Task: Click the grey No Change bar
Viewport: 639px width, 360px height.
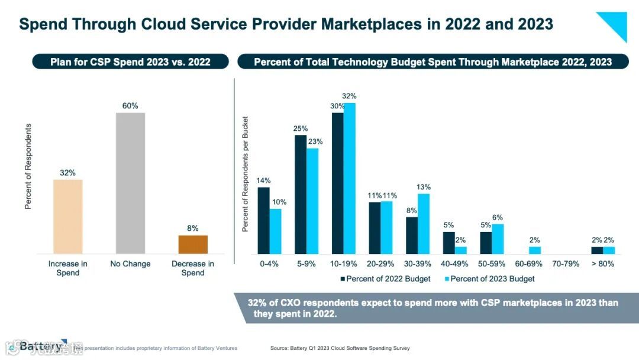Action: pyautogui.click(x=130, y=183)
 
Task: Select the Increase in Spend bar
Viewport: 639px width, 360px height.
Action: pyautogui.click(x=68, y=217)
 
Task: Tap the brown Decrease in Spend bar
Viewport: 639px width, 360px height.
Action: pyautogui.click(x=193, y=245)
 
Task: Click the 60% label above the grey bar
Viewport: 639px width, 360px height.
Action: pyautogui.click(x=130, y=106)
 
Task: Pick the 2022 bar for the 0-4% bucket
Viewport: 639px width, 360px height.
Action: pyautogui.click(x=263, y=220)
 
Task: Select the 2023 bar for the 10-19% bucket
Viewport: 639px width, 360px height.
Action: pyautogui.click(x=350, y=178)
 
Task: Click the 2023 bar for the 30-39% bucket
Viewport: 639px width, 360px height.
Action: pyautogui.click(x=424, y=224)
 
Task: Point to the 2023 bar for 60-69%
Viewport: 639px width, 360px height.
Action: pyautogui.click(x=535, y=250)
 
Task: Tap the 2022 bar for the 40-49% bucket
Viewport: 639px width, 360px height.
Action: pyautogui.click(x=449, y=243)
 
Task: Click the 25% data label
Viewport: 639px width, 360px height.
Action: pyautogui.click(x=301, y=128)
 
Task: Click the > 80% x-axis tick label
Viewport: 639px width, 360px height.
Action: pyautogui.click(x=603, y=264)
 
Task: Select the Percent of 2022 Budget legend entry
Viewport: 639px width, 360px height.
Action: pyautogui.click(x=385, y=278)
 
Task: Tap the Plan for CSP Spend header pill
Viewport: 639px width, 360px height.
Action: pyautogui.click(x=130, y=62)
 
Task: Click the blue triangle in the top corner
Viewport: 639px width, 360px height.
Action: pyautogui.click(x=616, y=23)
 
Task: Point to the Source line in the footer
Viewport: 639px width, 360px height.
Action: pyautogui.click(x=340, y=348)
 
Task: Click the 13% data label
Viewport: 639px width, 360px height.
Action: pyautogui.click(x=424, y=188)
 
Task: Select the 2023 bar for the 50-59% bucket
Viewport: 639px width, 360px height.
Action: pyautogui.click(x=498, y=239)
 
